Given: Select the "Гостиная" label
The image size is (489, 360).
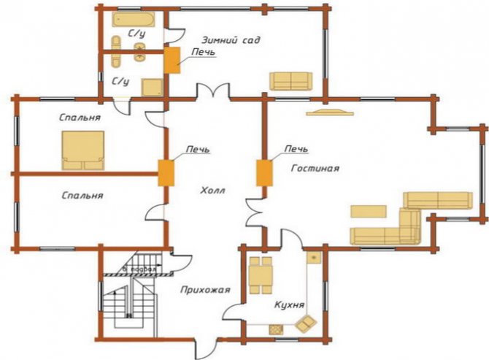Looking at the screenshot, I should click(x=316, y=168).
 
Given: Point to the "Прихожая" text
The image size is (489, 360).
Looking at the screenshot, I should click(x=206, y=290).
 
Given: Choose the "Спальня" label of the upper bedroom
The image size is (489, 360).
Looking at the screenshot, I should click(x=81, y=117).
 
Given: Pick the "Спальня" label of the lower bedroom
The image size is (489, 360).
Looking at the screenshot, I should click(x=82, y=196).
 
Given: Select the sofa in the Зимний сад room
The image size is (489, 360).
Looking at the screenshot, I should click(x=290, y=80).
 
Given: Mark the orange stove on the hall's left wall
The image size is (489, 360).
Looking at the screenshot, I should click(x=166, y=172).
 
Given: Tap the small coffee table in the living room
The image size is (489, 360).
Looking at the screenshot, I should click(x=369, y=211).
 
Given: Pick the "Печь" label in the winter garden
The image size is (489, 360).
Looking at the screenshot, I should click(x=203, y=53).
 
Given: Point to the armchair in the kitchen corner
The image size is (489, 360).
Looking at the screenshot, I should click(x=307, y=321).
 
